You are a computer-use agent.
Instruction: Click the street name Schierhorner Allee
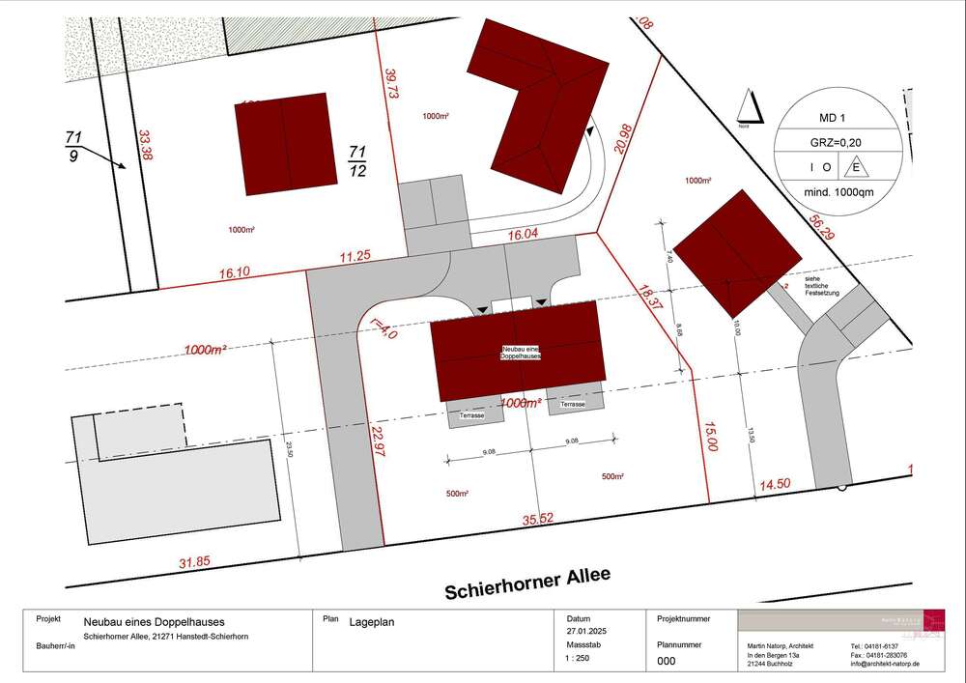point(527,583)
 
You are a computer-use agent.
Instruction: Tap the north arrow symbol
point(748,106)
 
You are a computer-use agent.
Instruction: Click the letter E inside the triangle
point(854,167)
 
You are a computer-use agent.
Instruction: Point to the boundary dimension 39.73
point(391,84)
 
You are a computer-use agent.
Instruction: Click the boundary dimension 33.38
point(146,145)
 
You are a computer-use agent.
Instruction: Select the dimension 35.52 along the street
point(537,519)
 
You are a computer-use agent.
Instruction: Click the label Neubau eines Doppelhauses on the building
point(519,353)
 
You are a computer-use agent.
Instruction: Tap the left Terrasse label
point(472,413)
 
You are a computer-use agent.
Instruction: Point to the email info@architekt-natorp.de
point(885,665)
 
